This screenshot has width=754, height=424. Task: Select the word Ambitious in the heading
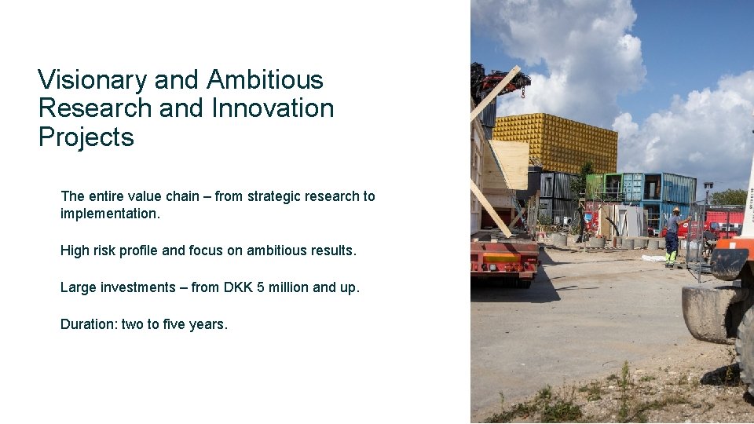pyautogui.click(x=265, y=80)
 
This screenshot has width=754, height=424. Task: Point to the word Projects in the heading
pyautogui.click(x=86, y=137)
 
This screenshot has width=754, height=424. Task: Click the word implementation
pyautogui.click(x=109, y=214)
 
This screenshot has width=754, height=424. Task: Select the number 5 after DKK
pyautogui.click(x=261, y=287)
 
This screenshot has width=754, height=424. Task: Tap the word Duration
pyautogui.click(x=88, y=323)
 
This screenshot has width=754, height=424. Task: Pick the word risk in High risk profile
pyautogui.click(x=110, y=250)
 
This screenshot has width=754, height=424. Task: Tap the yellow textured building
pyautogui.click(x=555, y=141)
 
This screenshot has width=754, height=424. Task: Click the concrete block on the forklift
pyautogui.click(x=708, y=313)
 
